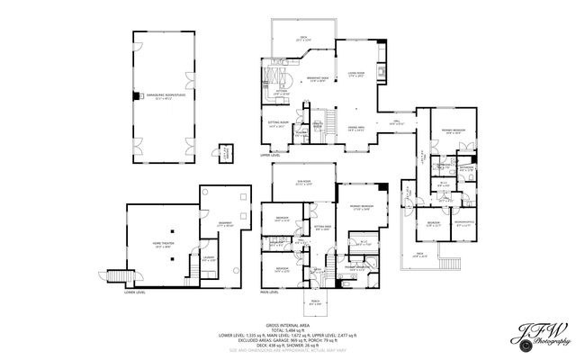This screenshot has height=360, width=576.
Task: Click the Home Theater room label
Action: tap(163, 245)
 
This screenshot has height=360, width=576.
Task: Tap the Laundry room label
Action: tap(208, 258)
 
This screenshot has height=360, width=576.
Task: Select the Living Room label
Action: tap(355, 75)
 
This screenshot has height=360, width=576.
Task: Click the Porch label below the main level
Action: tap(316, 301)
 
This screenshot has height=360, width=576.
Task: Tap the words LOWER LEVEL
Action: tap(136, 292)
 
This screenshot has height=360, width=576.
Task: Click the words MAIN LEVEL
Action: tap(268, 292)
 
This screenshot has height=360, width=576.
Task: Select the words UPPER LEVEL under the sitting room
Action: tap(270, 155)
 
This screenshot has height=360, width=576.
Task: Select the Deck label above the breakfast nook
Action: tap(303, 38)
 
